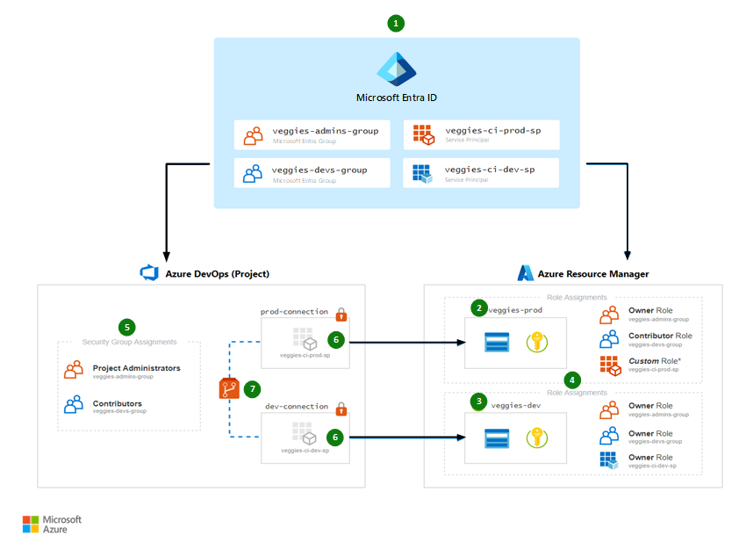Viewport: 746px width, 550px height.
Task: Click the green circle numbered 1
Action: coord(397,24)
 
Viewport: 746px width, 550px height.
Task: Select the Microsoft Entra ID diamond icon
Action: coord(396,69)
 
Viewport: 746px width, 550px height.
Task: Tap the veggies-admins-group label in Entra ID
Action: coord(325,131)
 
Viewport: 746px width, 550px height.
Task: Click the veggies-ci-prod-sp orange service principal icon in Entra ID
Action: coord(423,134)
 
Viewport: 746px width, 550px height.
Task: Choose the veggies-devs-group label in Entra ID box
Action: coord(319,170)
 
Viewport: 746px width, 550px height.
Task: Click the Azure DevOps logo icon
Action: coord(148,273)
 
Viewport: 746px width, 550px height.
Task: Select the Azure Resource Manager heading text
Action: coord(594,274)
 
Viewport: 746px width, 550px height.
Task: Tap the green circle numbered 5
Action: coord(128,327)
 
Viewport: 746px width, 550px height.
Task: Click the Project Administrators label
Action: coord(136,368)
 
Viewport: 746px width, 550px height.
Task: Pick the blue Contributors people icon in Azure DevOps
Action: coord(75,406)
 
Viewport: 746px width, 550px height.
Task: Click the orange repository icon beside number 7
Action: coord(229,387)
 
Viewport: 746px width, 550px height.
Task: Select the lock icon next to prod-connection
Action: coord(341,314)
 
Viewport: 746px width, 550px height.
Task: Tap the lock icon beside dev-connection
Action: coord(341,409)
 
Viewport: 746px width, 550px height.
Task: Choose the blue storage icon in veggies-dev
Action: coord(498,438)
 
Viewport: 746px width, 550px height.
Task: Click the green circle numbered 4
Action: coord(572,380)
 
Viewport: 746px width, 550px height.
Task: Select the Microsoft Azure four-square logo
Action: coord(31,525)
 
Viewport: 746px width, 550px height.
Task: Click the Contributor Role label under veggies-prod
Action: coord(660,336)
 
